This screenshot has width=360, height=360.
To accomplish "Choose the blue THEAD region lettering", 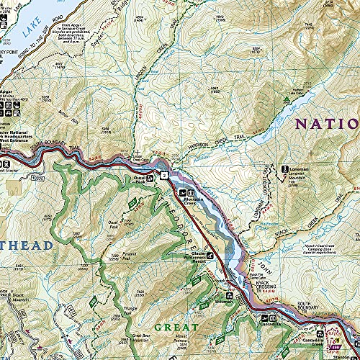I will [26, 246].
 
